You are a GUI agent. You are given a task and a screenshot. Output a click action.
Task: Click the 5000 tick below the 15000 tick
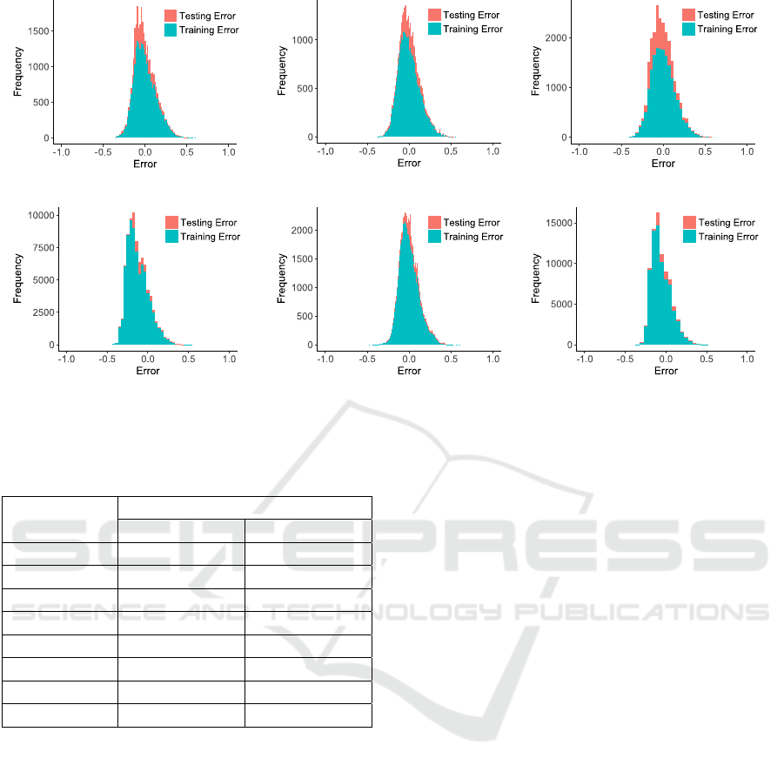(x=564, y=305)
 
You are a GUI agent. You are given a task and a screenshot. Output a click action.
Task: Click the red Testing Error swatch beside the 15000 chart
(x=689, y=223)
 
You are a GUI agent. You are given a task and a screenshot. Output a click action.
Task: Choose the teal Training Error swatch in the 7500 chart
(x=171, y=237)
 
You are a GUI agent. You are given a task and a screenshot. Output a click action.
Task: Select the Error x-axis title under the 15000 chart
(x=666, y=371)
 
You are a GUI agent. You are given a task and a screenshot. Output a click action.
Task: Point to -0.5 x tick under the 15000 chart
(x=621, y=358)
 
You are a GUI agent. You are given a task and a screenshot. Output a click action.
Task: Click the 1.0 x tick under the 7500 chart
(x=229, y=358)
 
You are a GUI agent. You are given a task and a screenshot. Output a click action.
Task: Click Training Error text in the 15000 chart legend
(x=728, y=237)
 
